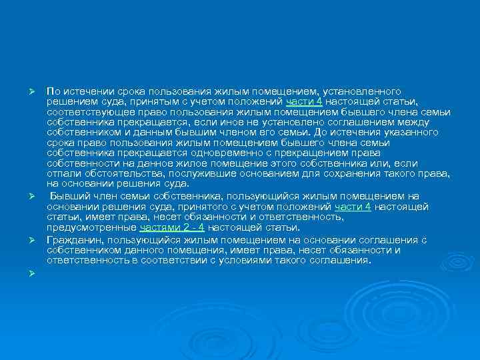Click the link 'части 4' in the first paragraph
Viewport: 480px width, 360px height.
pyautogui.click(x=305, y=101)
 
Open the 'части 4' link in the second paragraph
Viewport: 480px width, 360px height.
pyautogui.click(x=353, y=207)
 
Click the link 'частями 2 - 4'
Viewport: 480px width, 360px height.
pyautogui.click(x=160, y=228)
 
